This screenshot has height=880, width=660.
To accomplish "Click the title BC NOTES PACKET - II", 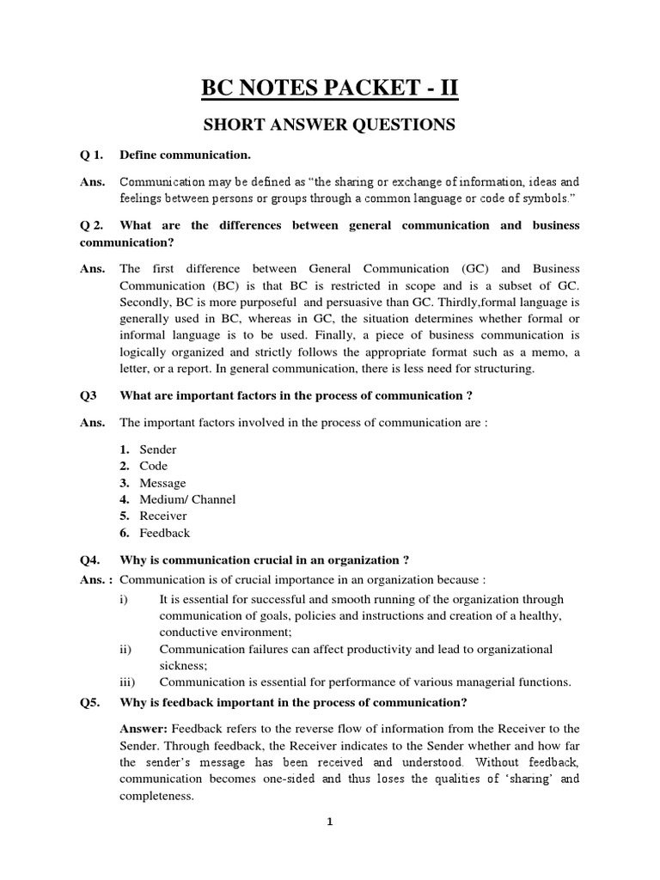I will (329, 88).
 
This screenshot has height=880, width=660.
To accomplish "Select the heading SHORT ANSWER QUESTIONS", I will (329, 125).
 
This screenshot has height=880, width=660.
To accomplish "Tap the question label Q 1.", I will (91, 156).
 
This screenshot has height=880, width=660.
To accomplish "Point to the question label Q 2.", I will (92, 225).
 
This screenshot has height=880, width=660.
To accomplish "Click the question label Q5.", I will (90, 701).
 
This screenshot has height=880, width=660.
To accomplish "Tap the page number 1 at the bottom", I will (329, 822).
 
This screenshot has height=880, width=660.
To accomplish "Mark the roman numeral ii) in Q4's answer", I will (125, 649).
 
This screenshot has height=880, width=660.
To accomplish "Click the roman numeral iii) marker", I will (127, 682).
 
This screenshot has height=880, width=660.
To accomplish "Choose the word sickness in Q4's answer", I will (181, 665).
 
